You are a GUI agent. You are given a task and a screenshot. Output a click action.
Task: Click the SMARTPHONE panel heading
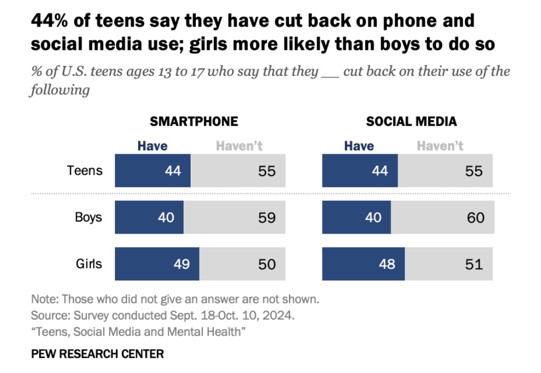pyautogui.click(x=194, y=121)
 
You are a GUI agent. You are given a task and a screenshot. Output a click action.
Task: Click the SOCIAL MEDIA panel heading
pyautogui.click(x=411, y=121)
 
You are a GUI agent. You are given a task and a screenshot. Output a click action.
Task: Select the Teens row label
pyautogui.click(x=85, y=171)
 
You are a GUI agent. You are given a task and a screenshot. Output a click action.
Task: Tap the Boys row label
pyautogui.click(x=88, y=217)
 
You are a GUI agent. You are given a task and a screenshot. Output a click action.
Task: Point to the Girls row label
pyautogui.click(x=88, y=263)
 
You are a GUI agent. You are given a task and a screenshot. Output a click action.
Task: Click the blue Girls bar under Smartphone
pyautogui.click(x=157, y=263)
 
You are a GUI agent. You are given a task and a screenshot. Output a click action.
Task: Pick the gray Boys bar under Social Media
pyautogui.click(x=442, y=217)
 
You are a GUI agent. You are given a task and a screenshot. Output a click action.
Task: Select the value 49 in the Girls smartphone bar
pyautogui.click(x=182, y=263)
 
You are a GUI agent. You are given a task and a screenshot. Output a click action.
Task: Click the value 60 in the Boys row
pyautogui.click(x=476, y=217)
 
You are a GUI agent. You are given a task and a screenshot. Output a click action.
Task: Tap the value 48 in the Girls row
pyautogui.click(x=387, y=263)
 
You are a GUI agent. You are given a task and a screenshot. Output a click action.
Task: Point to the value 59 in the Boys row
pyautogui.click(x=267, y=217)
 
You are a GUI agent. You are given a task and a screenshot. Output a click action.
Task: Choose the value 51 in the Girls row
pyautogui.click(x=474, y=263)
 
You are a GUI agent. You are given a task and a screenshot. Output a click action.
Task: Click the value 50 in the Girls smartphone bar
pyautogui.click(x=267, y=263)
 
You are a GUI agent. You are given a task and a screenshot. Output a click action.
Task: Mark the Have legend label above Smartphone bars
pyautogui.click(x=152, y=146)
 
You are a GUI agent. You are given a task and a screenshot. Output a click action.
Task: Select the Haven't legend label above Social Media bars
pyautogui.click(x=440, y=146)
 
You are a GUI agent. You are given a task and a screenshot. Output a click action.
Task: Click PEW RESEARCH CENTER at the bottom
pyautogui.click(x=97, y=353)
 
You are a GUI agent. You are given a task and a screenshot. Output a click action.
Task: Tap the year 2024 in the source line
pyautogui.click(x=279, y=315)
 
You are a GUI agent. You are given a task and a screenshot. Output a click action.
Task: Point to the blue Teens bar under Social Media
pyautogui.click(x=360, y=171)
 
